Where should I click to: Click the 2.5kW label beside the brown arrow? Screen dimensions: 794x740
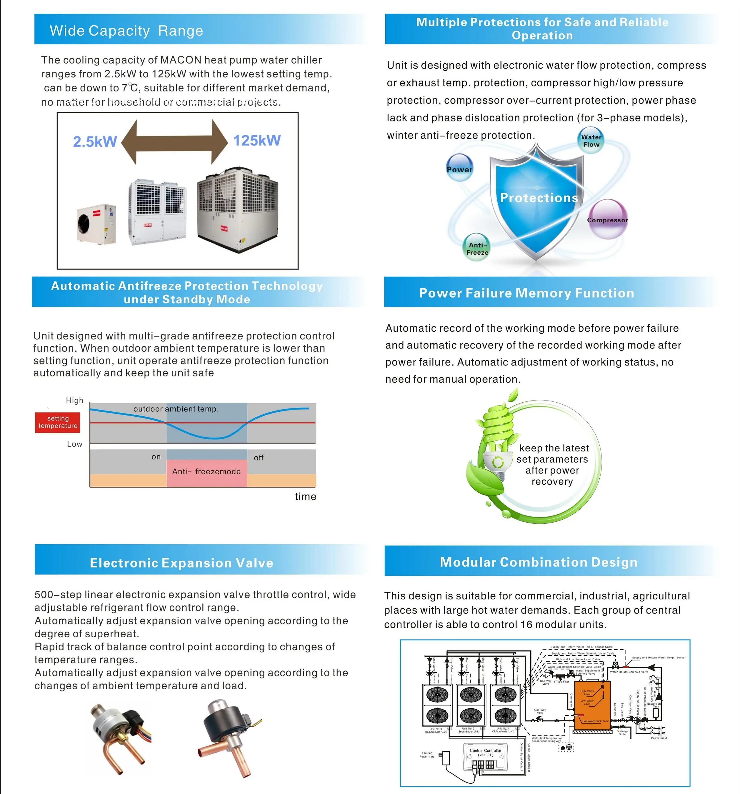tap(95, 141)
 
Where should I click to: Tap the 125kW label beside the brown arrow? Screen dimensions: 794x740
tap(257, 140)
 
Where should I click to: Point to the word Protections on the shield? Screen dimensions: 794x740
tap(539, 198)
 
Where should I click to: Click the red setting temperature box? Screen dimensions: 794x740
tap(58, 422)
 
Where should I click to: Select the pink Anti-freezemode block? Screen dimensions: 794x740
tap(206, 472)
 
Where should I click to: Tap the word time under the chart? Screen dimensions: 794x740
tap(306, 496)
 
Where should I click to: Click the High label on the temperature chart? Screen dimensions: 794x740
tap(75, 400)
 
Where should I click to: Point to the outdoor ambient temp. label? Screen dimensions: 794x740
tap(176, 408)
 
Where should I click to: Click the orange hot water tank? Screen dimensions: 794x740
tap(592, 705)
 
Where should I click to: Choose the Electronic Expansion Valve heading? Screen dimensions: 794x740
tap(182, 563)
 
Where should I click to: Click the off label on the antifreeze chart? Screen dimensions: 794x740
tap(259, 458)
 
